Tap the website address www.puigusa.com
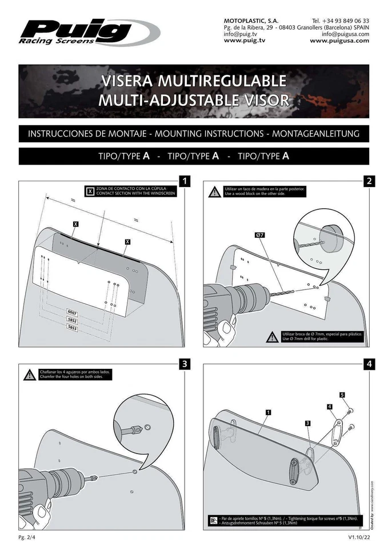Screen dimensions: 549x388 (339, 41)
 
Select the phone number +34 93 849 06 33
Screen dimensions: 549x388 (341, 20)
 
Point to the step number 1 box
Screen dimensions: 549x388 (184, 181)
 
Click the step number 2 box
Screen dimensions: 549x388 (369, 181)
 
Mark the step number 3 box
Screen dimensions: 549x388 (184, 364)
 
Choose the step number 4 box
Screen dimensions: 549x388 (369, 364)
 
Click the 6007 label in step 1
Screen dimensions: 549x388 (72, 313)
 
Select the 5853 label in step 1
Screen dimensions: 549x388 (72, 328)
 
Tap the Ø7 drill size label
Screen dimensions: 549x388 (259, 235)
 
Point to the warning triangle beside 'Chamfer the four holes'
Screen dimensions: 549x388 (30, 375)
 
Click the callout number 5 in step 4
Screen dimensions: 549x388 (342, 395)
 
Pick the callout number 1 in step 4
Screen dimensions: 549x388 (268, 412)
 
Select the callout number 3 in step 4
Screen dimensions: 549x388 (307, 423)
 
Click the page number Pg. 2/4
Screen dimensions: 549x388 (27, 538)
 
